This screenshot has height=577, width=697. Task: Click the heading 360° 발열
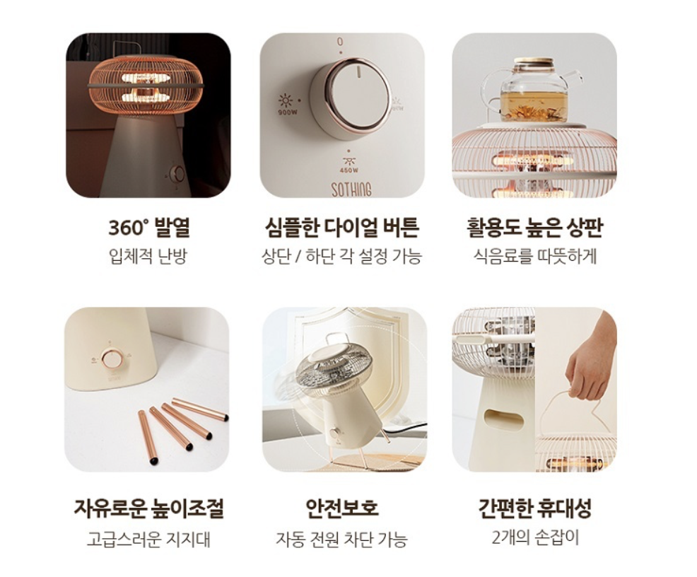point(149,227)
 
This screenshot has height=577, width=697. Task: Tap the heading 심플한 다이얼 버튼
point(341,227)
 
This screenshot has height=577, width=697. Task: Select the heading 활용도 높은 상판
point(534,227)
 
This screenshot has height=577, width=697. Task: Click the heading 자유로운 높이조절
point(148,508)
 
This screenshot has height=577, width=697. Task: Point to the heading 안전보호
point(342,508)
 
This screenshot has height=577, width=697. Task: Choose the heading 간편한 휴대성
point(534,508)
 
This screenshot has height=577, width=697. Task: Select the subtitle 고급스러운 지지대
point(148,540)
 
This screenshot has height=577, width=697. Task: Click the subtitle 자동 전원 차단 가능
point(341,540)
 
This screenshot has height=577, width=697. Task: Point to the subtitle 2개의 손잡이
point(535,538)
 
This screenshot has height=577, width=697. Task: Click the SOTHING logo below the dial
point(351,190)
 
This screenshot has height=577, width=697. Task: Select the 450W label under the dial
point(349,170)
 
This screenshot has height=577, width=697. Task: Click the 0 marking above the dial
point(340,42)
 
